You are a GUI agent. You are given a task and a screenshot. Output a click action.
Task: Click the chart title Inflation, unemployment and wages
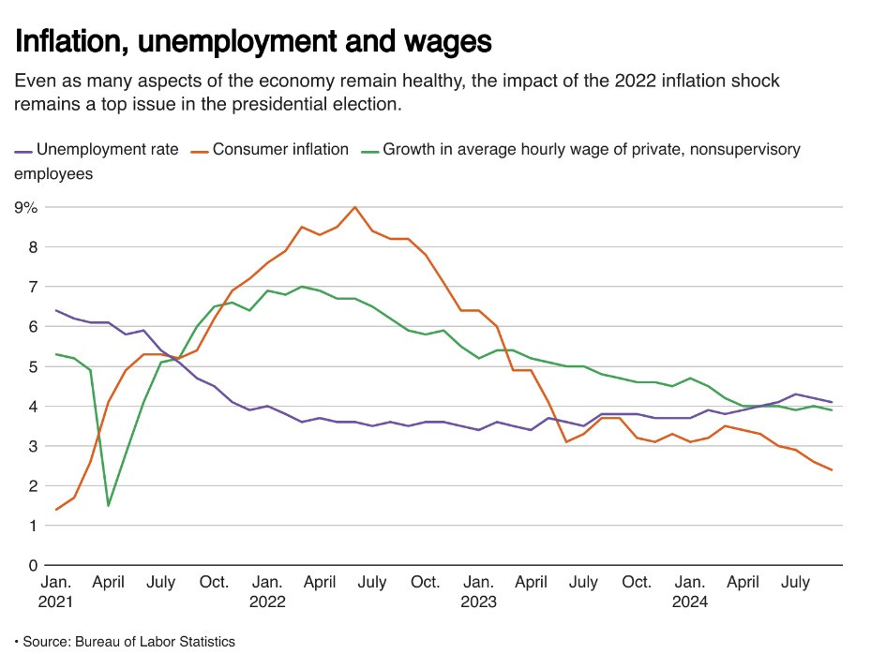click(x=253, y=41)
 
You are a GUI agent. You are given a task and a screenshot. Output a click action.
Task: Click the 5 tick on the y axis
click(x=32, y=366)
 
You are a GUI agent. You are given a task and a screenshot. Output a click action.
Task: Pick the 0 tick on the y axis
click(x=32, y=566)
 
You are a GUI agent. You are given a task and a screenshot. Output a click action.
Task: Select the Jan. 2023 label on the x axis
click(x=479, y=592)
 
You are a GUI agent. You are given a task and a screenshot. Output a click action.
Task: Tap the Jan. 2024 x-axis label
click(x=691, y=592)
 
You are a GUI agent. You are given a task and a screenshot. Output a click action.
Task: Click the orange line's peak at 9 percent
click(x=354, y=207)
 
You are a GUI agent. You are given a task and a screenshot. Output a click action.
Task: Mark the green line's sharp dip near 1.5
click(x=109, y=506)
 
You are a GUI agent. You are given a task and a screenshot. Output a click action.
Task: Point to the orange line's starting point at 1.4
click(x=56, y=510)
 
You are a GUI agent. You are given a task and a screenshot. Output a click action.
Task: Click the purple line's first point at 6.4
click(x=56, y=310)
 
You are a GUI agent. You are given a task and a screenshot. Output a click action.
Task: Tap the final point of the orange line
click(x=832, y=470)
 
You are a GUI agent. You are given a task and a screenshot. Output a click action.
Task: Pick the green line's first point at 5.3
click(x=56, y=354)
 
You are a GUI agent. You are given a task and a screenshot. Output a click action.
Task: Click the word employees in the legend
click(x=53, y=173)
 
